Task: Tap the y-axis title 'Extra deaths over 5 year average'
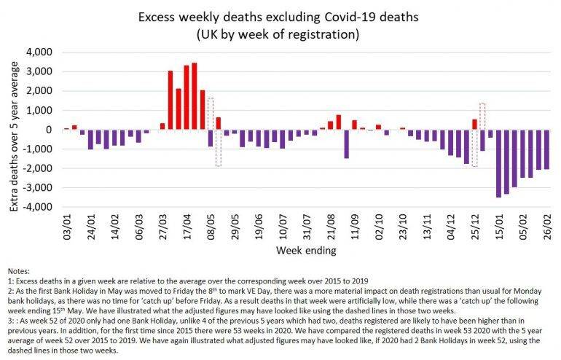[x=15, y=130]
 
